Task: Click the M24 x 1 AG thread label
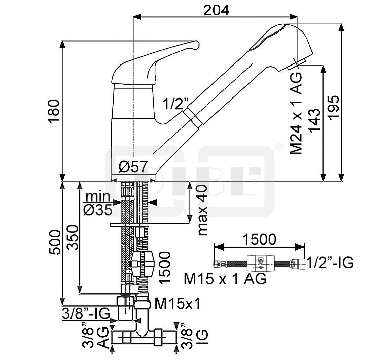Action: pos(297,113)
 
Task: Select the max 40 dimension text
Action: pos(203,210)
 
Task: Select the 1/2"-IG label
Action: pos(330,263)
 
